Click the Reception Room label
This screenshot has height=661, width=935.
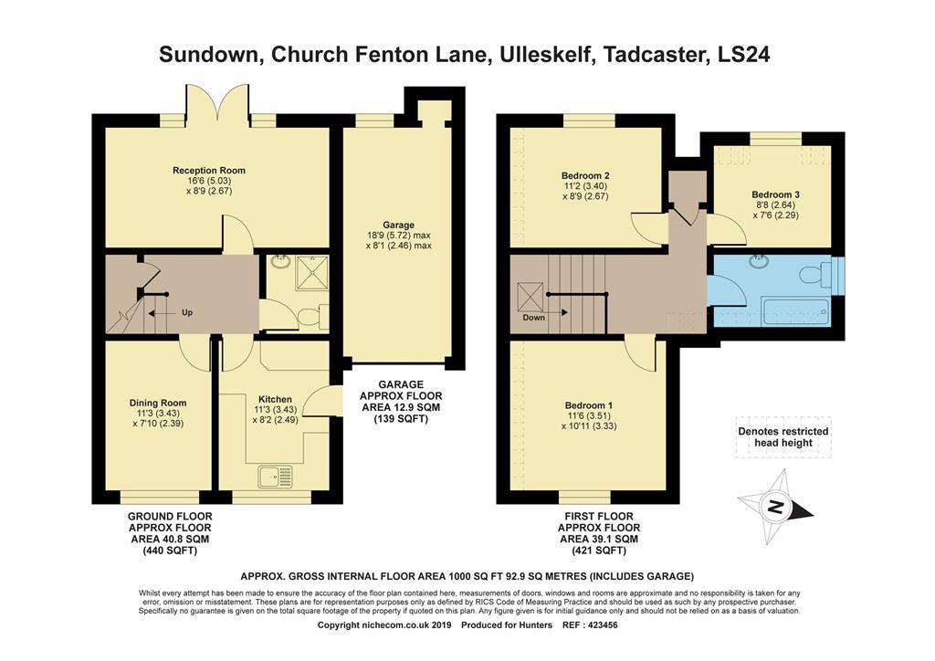209,171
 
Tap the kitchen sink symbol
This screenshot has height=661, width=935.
276,477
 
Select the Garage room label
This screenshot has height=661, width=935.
398,225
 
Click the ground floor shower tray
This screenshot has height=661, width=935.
312,272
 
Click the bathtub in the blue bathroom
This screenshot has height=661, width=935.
795,311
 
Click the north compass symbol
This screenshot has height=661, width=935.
775,508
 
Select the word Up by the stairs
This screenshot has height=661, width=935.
186,312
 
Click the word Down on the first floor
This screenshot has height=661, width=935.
533,318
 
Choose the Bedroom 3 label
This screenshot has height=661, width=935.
775,194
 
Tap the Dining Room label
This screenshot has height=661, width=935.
158,403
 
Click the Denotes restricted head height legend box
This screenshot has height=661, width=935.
783,437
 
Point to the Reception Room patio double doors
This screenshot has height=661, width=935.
217,105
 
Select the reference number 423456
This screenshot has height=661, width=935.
603,625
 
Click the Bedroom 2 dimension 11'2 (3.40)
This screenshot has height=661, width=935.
585,186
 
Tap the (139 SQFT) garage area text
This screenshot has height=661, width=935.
401,419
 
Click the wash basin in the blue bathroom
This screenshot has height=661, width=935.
759,262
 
